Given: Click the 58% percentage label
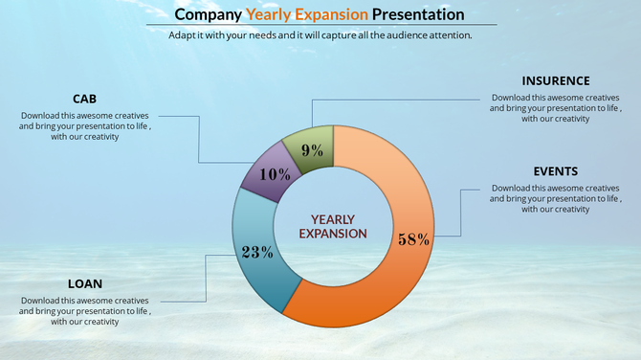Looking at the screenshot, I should tap(413, 239).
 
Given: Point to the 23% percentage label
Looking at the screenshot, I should tap(257, 253).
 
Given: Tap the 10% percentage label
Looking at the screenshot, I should tap(275, 174).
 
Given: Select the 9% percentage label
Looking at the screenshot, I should tap(311, 149).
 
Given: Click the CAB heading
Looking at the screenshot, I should tap(85, 99).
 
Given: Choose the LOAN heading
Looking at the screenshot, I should tap(85, 283).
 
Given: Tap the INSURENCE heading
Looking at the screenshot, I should tap(555, 80).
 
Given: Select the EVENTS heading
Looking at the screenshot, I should tap(555, 170).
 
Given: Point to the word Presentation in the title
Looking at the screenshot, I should tap(418, 14).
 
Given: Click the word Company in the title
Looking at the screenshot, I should tap(209, 14).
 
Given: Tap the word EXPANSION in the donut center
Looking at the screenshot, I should tap(333, 233).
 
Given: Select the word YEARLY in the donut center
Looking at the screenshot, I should tap(333, 218).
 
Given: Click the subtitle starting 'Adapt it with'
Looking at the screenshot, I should tap(320, 34).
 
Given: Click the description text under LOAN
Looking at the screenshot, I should tap(85, 311).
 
